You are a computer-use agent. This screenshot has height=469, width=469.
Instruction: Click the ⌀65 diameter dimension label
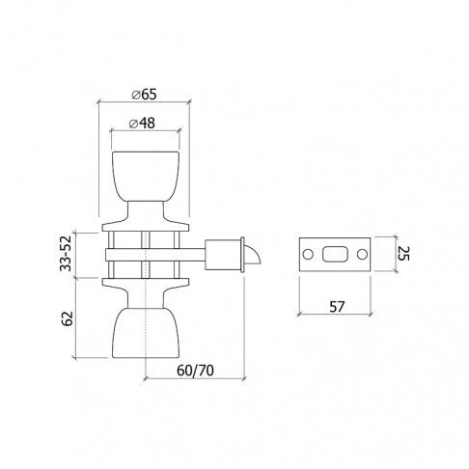point(146,94)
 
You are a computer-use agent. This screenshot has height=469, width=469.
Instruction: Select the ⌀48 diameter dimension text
point(146,124)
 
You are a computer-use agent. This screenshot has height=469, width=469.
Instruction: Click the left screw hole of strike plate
point(307,255)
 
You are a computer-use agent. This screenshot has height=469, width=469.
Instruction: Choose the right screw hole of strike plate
point(361,255)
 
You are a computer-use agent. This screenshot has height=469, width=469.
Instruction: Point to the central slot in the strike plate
point(334,255)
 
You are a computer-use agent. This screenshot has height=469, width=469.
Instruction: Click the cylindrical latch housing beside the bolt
point(231,254)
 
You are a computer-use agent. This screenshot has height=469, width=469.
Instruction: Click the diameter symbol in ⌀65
point(134,94)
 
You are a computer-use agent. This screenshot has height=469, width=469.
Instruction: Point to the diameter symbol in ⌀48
point(134,124)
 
